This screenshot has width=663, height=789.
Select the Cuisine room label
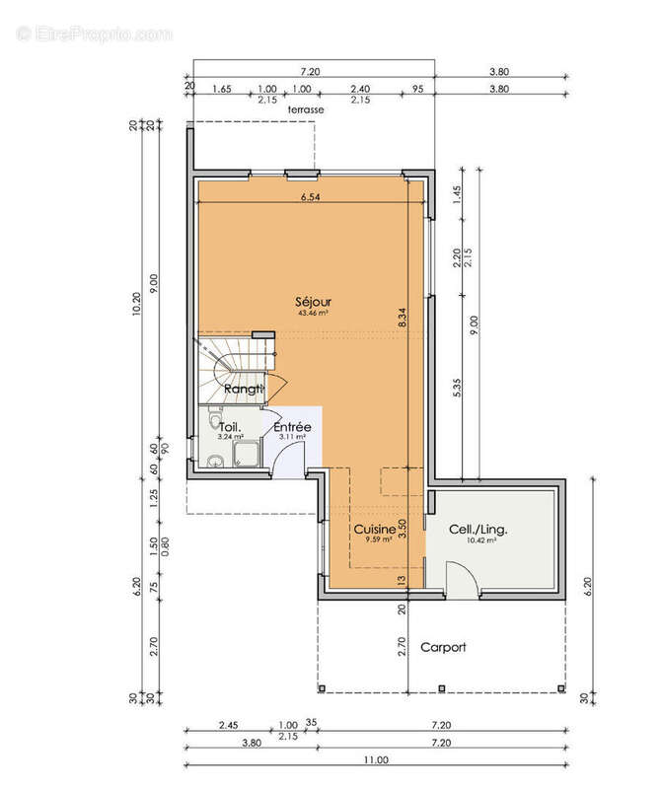click(374, 529)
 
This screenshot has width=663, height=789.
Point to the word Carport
click(443, 648)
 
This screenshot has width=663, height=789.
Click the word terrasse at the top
click(292, 110)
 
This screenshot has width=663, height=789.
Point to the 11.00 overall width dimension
click(374, 759)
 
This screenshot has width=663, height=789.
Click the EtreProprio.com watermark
click(95, 35)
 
